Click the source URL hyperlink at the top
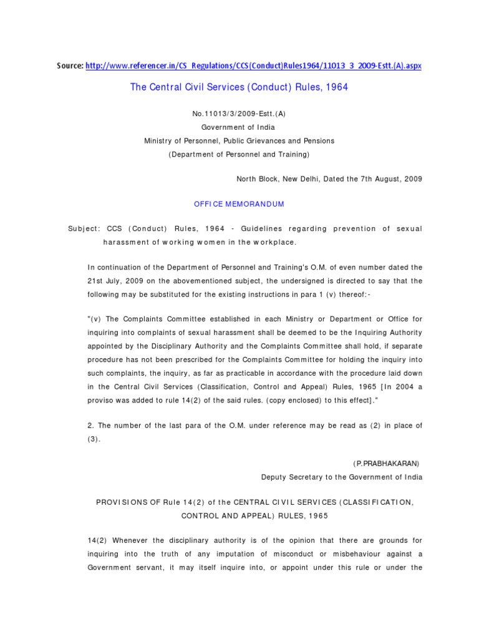253,66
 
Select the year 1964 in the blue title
336,87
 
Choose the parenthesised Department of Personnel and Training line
239,154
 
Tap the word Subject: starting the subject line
84,229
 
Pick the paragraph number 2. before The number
91,426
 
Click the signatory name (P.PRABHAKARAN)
387,464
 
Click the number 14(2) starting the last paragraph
97,541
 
